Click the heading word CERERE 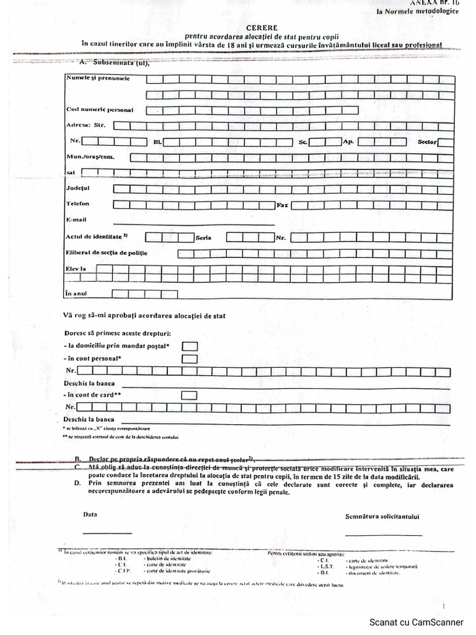click(x=262, y=28)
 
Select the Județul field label click(x=77, y=187)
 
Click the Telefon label click(x=77, y=203)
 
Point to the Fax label click(x=283, y=204)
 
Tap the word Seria click(x=204, y=238)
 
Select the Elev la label click(x=75, y=269)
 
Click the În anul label click(x=76, y=293)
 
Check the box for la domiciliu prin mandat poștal click(x=190, y=346)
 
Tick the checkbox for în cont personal click(x=190, y=358)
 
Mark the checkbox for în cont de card click(x=190, y=395)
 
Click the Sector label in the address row click(x=427, y=142)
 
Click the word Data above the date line click(x=90, y=515)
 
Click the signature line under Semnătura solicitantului click(x=383, y=535)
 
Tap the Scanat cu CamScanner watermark click(x=416, y=622)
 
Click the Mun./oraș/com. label click(x=90, y=157)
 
